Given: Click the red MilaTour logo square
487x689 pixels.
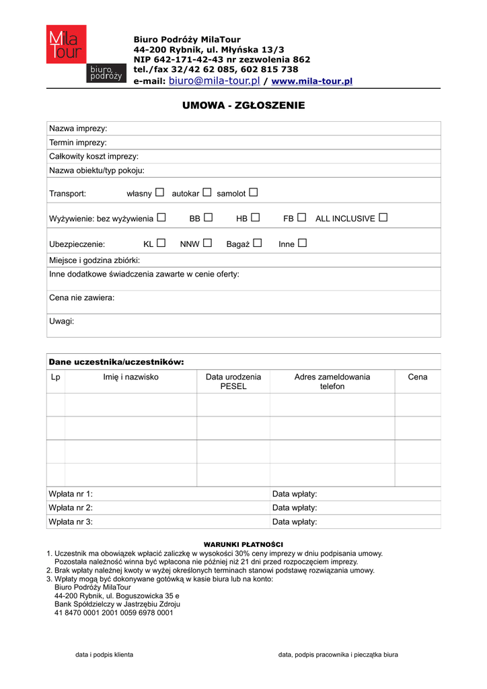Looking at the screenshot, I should point(66,44).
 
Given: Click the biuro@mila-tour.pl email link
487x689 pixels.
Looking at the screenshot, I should point(214,81).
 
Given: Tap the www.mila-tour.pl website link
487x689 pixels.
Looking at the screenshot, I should point(311,81).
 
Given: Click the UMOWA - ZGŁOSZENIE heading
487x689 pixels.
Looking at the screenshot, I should point(243,106).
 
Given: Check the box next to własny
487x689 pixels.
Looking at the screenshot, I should point(159,193).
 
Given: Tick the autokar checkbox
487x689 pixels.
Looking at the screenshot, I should point(207,193).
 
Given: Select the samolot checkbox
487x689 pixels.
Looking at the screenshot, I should point(253,193).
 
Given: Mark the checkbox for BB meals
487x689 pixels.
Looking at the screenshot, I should point(208,218).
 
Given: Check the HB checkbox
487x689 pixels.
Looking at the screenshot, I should point(255,218).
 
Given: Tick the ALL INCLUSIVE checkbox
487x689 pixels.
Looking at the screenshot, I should point(383,218).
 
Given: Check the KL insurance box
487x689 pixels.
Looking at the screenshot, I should point(161,244).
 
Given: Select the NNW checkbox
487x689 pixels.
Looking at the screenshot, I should point(207,244).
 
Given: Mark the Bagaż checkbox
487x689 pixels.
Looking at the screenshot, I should point(257,244).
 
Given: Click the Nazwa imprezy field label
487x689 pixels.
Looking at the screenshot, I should point(78,129).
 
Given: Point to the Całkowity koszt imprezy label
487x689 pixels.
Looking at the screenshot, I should point(93,156).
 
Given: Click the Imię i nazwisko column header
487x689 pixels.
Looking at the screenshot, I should point(130,377).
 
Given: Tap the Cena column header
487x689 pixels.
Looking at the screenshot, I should point(417,377).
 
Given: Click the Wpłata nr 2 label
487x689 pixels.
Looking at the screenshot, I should point(71,508).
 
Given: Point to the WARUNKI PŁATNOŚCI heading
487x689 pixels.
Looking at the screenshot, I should point(243,544).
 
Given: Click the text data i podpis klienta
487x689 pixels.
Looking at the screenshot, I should point(104,655).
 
